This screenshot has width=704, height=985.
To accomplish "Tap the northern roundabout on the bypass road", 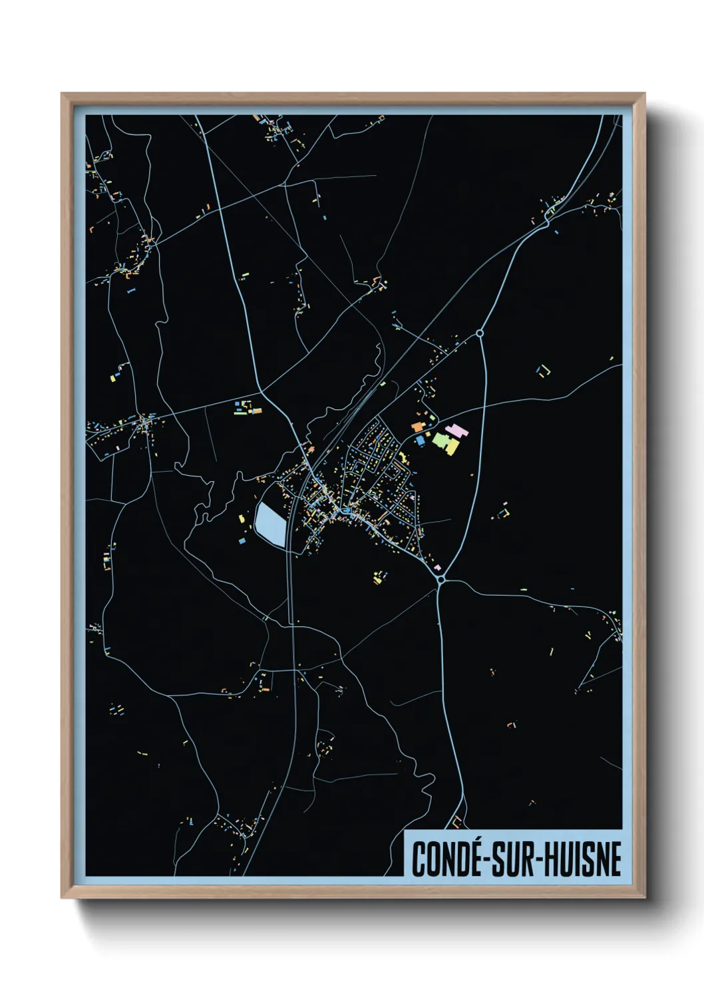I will tap(480, 333).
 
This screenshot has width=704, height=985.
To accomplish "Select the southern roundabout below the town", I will tap(441, 580).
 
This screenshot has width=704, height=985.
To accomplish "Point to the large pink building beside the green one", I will tap(456, 429).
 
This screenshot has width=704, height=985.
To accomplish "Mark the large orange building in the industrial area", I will tap(417, 427).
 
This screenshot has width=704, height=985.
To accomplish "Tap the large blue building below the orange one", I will tap(420, 441).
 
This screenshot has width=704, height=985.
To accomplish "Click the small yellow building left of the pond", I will tap(242, 518).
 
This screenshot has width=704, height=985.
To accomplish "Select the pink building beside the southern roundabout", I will tap(437, 568).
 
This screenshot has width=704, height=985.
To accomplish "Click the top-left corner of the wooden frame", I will tap(62, 94).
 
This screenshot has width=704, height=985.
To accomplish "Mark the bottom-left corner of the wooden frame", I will tap(62, 898).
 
